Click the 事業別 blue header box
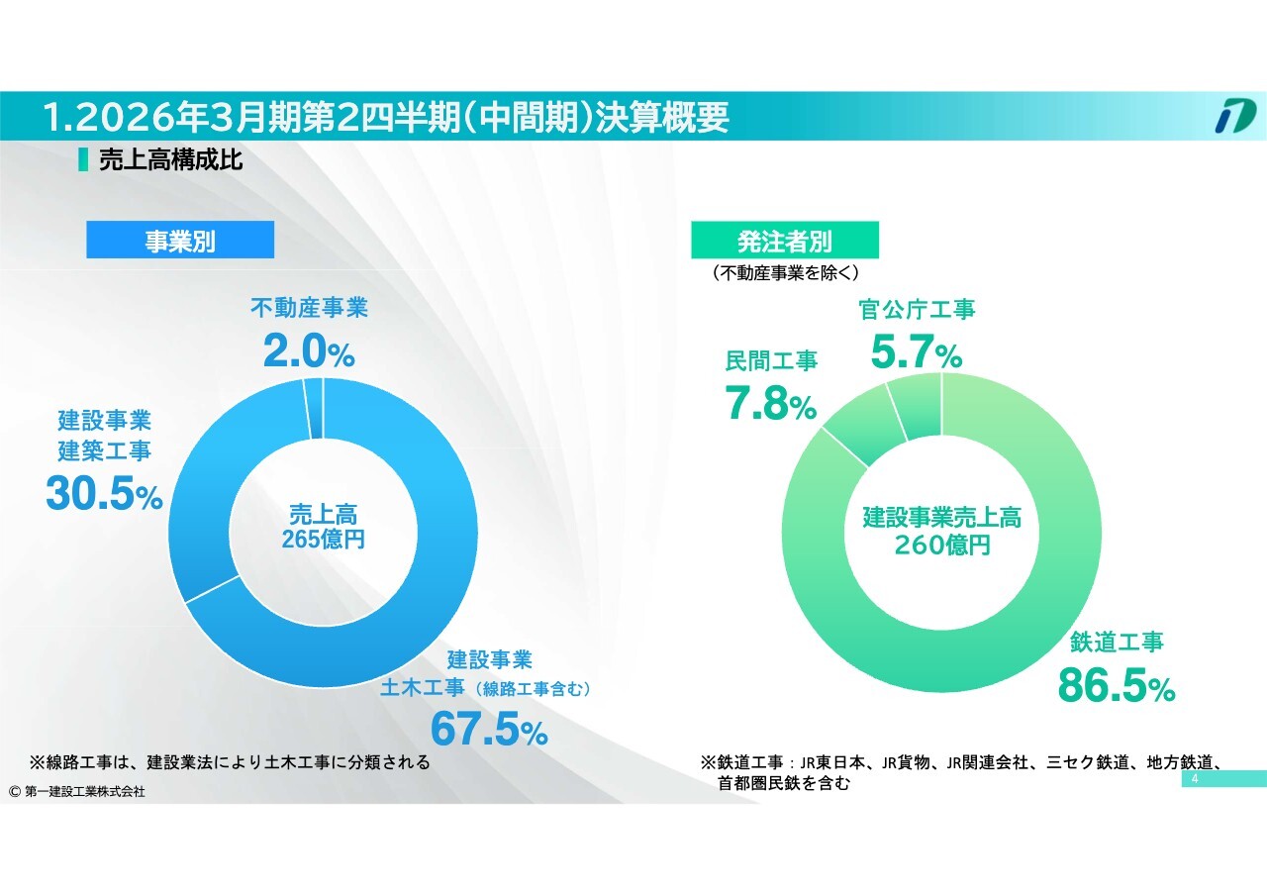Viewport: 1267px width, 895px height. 180,241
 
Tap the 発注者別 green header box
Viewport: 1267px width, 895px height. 785,240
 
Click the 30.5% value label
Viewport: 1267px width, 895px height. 104,494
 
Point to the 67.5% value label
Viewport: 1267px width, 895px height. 489,730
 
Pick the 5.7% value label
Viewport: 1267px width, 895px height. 916,352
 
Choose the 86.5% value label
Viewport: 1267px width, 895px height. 1117,685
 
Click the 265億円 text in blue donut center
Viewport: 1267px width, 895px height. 323,541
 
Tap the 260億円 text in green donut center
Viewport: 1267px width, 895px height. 941,544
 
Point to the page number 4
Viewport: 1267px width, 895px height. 1195,780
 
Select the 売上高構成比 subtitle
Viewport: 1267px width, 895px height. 171,160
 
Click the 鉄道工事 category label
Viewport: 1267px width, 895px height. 1117,642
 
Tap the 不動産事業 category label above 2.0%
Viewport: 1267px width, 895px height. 309,308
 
